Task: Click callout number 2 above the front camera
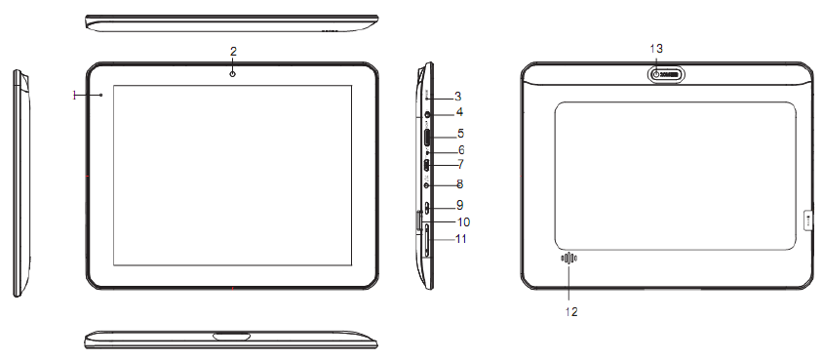[x=234, y=51]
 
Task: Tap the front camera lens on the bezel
[x=232, y=74]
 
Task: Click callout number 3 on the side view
[x=458, y=97]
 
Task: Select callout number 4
[x=460, y=112]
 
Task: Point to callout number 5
[x=460, y=133]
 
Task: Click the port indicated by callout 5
[x=428, y=138]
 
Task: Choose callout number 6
[x=461, y=150]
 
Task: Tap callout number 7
[x=460, y=164]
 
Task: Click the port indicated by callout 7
[x=428, y=166]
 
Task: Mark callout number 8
[x=460, y=184]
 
